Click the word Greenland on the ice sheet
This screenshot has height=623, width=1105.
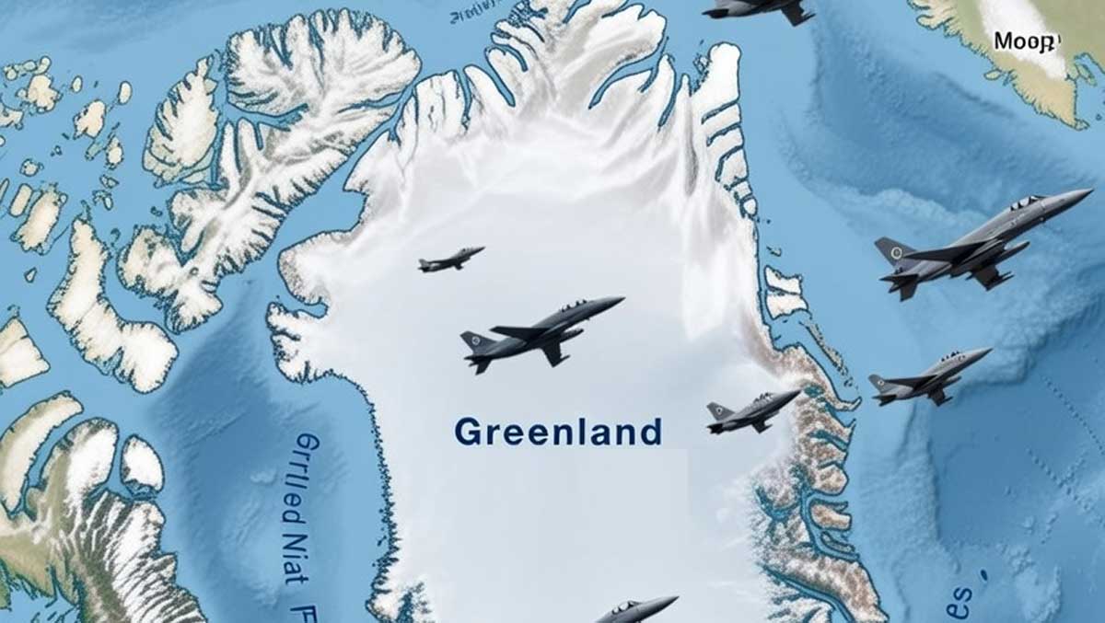tap(558, 432)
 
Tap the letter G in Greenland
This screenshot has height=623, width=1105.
tap(468, 432)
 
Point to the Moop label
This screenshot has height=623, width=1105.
tap(1027, 41)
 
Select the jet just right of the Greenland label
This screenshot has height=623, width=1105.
tap(752, 412)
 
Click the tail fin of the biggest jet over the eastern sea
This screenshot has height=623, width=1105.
tap(891, 249)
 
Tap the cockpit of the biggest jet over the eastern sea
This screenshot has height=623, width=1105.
tap(1025, 202)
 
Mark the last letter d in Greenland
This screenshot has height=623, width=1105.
tap(651, 431)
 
